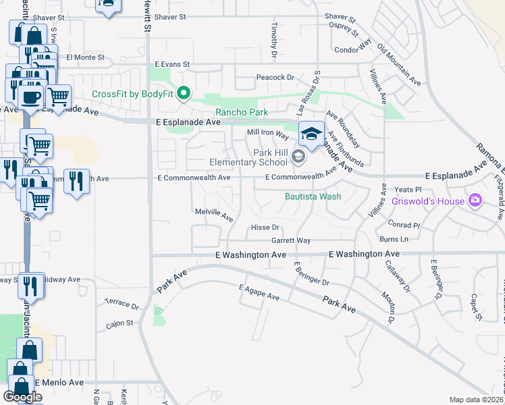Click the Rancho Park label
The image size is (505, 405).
click(x=241, y=112)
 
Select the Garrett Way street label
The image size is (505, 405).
click(x=291, y=240)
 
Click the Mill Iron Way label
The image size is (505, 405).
click(x=268, y=134)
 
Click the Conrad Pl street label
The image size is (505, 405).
click(x=404, y=223)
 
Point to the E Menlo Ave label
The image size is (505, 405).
click(x=59, y=382)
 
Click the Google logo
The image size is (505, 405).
click(x=22, y=397)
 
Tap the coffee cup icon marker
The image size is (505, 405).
click(x=30, y=97)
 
